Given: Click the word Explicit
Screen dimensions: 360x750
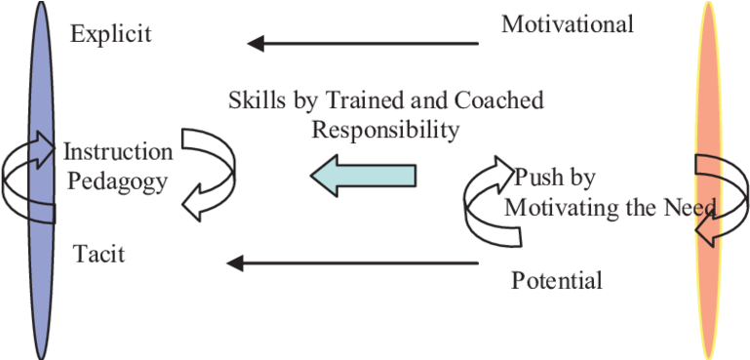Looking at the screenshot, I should pyautogui.click(x=111, y=35).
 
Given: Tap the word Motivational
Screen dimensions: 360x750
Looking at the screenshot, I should pyautogui.click(x=568, y=23).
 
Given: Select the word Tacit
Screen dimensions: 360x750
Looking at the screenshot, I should pyautogui.click(x=99, y=255).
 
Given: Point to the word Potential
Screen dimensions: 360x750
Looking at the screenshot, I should pyautogui.click(x=556, y=282).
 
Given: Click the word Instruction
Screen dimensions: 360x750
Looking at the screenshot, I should pyautogui.click(x=118, y=153).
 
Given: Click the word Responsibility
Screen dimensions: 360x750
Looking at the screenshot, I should pyautogui.click(x=384, y=129).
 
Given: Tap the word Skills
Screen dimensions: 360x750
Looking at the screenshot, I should pyautogui.click(x=254, y=100).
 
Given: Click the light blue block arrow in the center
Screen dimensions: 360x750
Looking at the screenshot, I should pyautogui.click(x=363, y=176).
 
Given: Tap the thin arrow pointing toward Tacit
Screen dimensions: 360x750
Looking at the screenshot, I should pyautogui.click(x=352, y=261).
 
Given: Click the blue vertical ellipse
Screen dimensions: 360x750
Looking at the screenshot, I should pyautogui.click(x=40, y=180).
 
